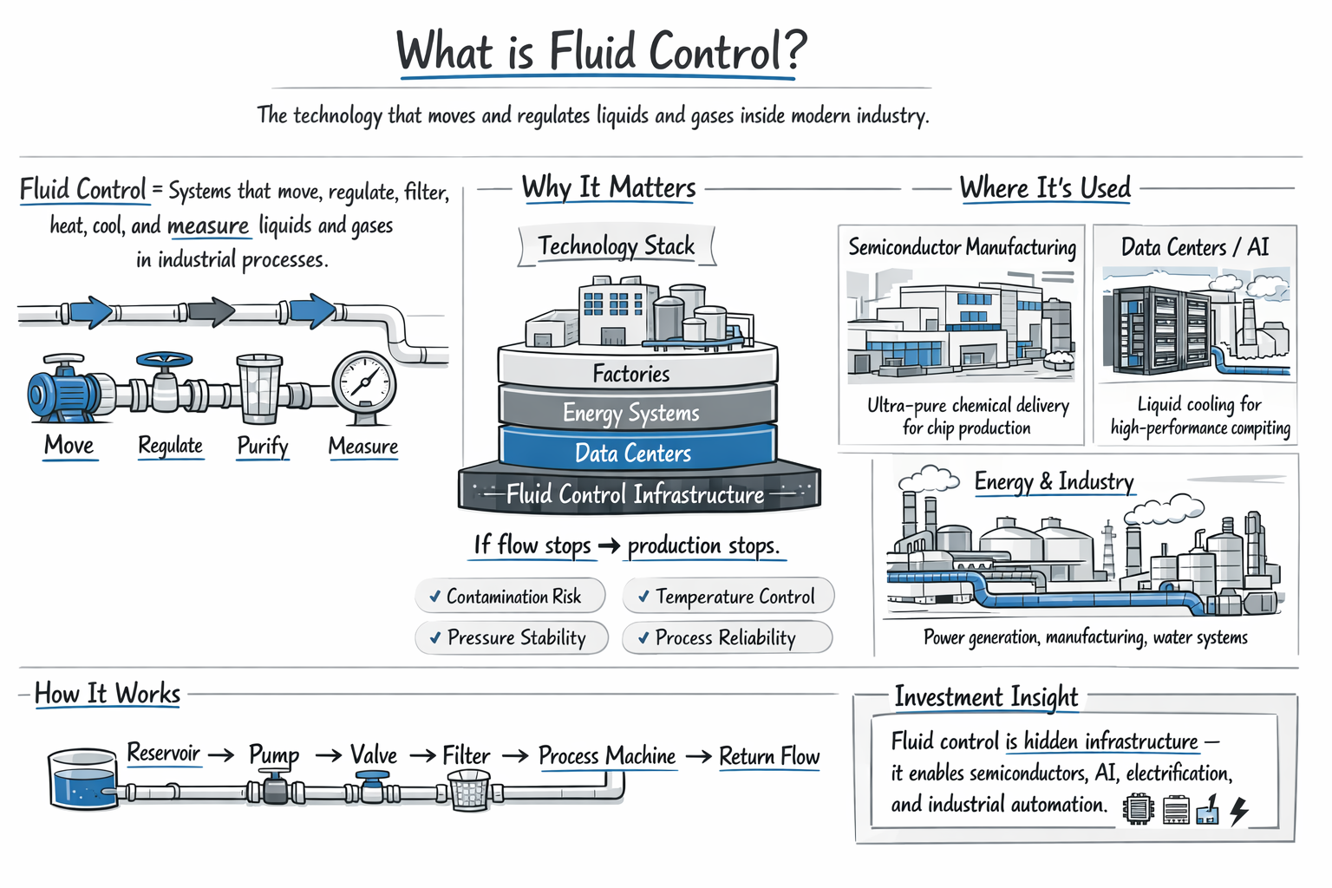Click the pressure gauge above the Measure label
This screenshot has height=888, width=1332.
pyautogui.click(x=364, y=382)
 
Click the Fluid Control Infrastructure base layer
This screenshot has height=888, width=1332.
pyautogui.click(x=638, y=493)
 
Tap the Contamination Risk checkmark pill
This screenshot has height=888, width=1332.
pyautogui.click(x=510, y=597)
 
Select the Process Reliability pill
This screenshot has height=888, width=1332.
pyautogui.click(x=727, y=638)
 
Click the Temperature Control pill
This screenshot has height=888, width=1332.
pyautogui.click(x=728, y=597)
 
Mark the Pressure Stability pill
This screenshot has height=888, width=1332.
pyautogui.click(x=512, y=638)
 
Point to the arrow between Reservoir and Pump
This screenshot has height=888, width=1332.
pyautogui.click(x=221, y=755)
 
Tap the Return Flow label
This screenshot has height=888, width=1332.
pyautogui.click(x=769, y=757)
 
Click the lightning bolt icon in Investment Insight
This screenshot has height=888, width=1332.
pyautogui.click(x=1239, y=810)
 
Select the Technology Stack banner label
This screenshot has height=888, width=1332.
pyautogui.click(x=616, y=246)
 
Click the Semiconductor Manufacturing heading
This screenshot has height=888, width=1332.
pyautogui.click(x=962, y=248)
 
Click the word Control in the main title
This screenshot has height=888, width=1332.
pyautogui.click(x=715, y=52)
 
